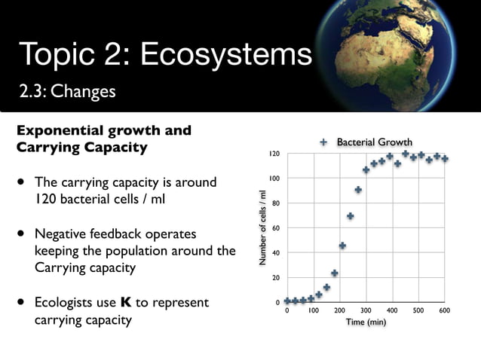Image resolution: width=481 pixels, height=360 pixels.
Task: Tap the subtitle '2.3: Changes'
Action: click(68, 92)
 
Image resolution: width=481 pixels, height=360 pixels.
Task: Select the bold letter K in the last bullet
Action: click(125, 303)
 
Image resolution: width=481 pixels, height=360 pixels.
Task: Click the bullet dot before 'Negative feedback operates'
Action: click(23, 233)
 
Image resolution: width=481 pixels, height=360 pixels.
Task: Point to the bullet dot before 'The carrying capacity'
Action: click(23, 182)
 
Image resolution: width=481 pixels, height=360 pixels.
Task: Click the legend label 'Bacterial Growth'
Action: click(374, 142)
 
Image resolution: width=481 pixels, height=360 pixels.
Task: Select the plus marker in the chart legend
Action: click(324, 142)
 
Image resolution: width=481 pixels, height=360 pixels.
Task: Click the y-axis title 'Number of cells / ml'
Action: click(262, 227)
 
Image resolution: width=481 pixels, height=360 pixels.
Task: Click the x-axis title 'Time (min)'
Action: click(366, 322)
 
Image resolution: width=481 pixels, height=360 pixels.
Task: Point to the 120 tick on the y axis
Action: click(275, 154)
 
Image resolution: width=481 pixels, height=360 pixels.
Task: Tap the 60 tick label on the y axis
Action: click(277, 228)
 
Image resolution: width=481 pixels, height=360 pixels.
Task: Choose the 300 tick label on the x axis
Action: click(366, 310)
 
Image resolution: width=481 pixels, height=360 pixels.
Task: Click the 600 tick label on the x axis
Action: click(445, 310)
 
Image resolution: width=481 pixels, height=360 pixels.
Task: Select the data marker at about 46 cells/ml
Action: click(342, 246)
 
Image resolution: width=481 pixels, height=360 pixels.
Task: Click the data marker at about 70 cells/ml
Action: click(350, 216)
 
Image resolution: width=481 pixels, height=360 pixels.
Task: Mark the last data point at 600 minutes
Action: click(445, 159)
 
